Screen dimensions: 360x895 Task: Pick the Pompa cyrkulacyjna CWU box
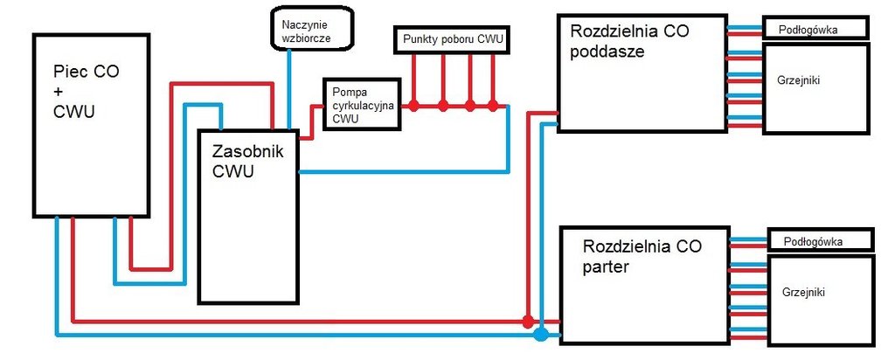click(361, 104)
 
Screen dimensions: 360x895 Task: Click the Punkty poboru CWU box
click(454, 39)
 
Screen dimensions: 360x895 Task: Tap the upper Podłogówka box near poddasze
click(815, 29)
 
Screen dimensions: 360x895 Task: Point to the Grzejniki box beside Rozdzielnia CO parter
click(821, 297)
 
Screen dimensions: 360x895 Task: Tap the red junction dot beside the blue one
click(527, 321)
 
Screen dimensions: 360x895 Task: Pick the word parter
click(605, 266)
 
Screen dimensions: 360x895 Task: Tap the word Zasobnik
click(248, 151)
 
